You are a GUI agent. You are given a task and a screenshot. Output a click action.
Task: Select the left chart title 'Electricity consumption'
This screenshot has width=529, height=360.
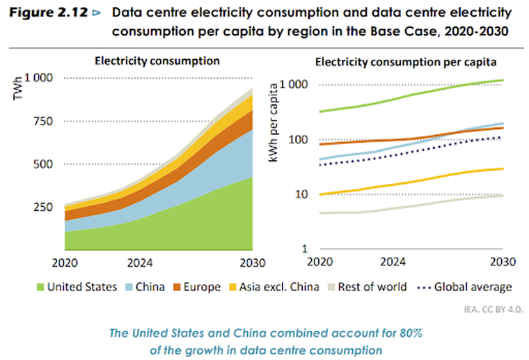pyautogui.click(x=157, y=61)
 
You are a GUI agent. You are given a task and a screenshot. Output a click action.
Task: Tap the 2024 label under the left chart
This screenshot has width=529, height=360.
pyautogui.click(x=141, y=263)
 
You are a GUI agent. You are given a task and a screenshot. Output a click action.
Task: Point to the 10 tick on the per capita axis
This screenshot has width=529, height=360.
pyautogui.click(x=303, y=194)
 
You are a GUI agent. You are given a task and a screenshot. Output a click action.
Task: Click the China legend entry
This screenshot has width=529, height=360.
pyautogui.click(x=146, y=287)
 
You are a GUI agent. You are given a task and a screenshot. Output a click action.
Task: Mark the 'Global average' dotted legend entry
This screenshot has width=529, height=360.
pyautogui.click(x=465, y=287)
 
